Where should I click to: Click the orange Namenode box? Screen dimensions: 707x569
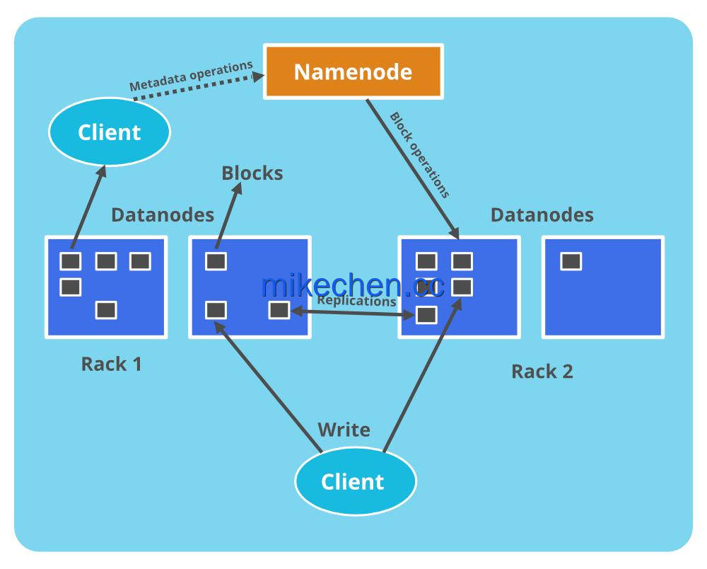click(x=353, y=71)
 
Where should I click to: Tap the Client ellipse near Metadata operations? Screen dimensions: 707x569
click(x=110, y=132)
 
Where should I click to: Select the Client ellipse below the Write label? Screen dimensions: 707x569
click(x=356, y=481)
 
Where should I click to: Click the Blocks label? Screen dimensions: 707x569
click(x=252, y=173)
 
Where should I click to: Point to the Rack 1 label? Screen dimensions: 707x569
click(x=112, y=364)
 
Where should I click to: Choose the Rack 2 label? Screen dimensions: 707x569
click(x=542, y=372)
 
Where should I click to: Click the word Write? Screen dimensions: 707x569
click(x=344, y=430)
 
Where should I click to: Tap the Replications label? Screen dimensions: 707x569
click(x=356, y=301)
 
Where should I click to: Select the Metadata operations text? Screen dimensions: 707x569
click(x=191, y=75)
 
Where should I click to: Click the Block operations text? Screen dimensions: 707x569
click(x=419, y=155)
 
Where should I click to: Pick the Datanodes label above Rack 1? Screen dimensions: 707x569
click(x=163, y=214)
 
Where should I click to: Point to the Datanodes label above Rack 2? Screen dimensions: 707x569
click(x=542, y=214)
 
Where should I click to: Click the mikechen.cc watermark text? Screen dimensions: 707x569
click(x=353, y=285)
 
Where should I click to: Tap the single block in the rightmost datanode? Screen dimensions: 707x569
click(x=571, y=261)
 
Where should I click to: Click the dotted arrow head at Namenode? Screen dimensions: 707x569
click(x=258, y=76)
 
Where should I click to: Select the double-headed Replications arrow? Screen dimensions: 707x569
click(x=353, y=313)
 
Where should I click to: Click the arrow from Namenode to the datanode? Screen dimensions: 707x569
click(x=413, y=169)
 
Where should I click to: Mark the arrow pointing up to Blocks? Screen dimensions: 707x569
click(x=229, y=215)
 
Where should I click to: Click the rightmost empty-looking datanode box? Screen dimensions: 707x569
click(x=603, y=287)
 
